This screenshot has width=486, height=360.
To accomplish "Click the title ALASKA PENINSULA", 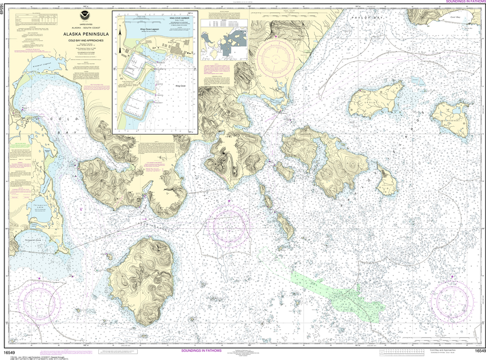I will (x=85, y=34).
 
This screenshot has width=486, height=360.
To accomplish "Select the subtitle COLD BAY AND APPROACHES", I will (x=85, y=39).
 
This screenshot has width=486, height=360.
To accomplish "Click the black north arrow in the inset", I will (x=120, y=32).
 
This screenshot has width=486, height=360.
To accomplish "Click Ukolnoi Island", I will (x=376, y=100).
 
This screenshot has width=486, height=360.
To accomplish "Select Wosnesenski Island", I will (x=451, y=119).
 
